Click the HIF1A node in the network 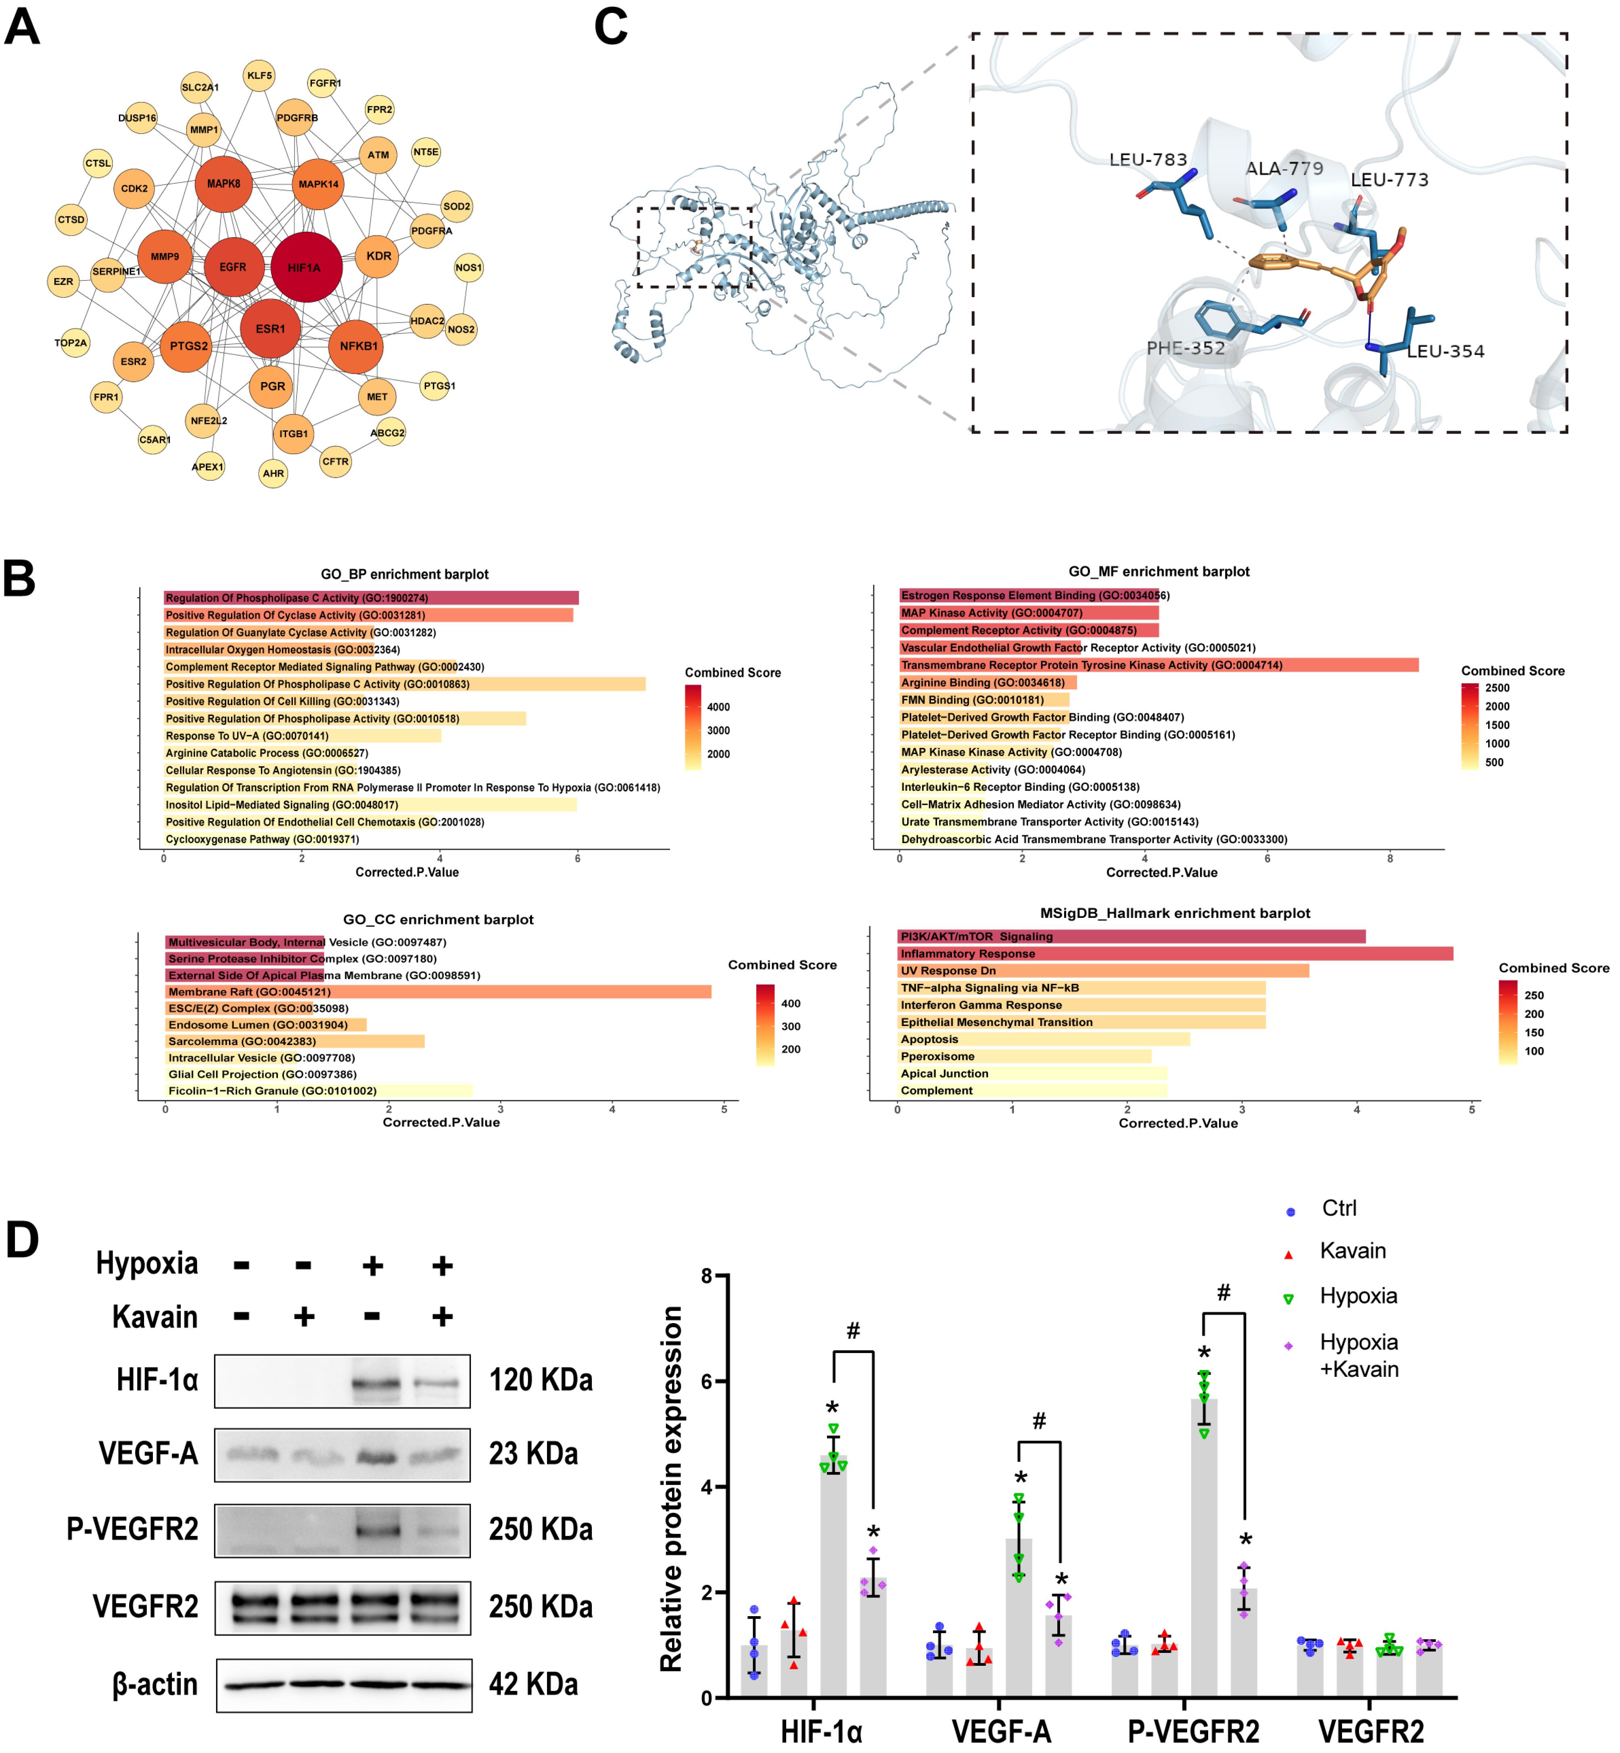(x=306, y=266)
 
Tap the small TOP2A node (x=71, y=343)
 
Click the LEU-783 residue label (x=1148, y=159)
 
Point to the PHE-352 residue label (x=1185, y=348)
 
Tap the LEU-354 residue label (x=1446, y=352)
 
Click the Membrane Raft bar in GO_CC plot (x=438, y=992)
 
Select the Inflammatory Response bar (x=1175, y=953)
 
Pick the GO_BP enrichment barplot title (x=404, y=574)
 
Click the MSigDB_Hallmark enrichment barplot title (x=1175, y=913)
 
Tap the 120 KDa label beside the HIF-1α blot (x=541, y=1379)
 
